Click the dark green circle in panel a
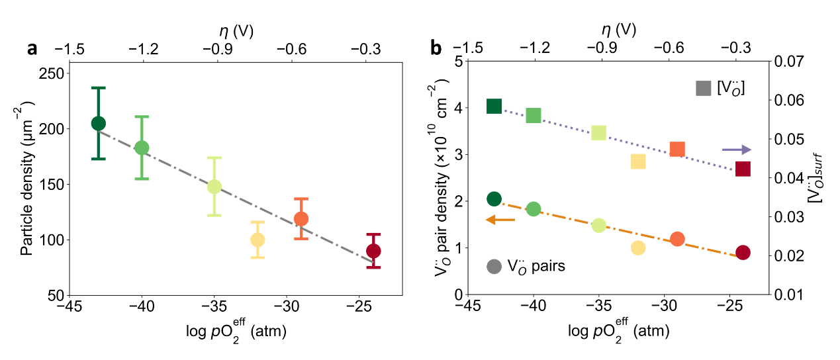pyautogui.click(x=99, y=123)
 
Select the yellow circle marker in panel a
pyautogui.click(x=257, y=240)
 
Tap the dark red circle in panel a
pyautogui.click(x=373, y=251)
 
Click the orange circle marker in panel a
pyautogui.click(x=301, y=218)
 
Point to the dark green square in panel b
pyautogui.click(x=494, y=106)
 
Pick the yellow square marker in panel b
pyautogui.click(x=638, y=161)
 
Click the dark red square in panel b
pyautogui.click(x=743, y=169)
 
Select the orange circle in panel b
pyautogui.click(x=677, y=239)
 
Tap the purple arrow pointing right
pyautogui.click(x=736, y=150)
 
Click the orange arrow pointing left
pyautogui.click(x=500, y=220)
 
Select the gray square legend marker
pyautogui.click(x=703, y=87)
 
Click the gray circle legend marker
pyautogui.click(x=494, y=267)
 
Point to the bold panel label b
pyautogui.click(x=436, y=48)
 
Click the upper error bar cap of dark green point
pyautogui.click(x=99, y=87)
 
